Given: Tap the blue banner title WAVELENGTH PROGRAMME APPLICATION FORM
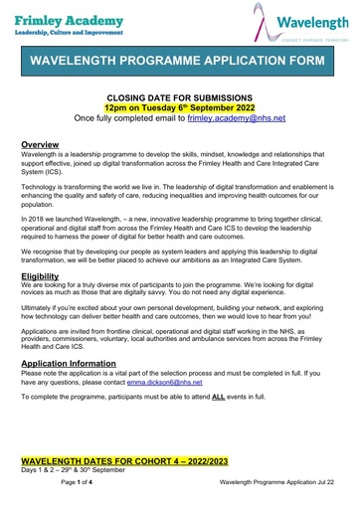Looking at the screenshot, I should click(x=180, y=62).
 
